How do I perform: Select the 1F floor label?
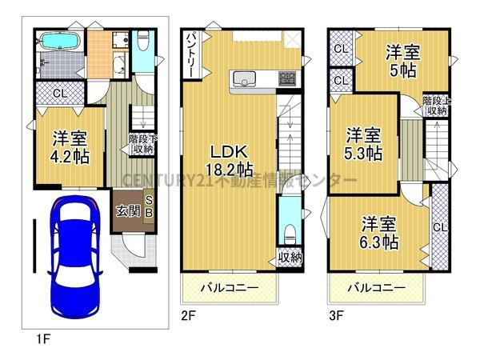43,338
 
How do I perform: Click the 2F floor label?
188,316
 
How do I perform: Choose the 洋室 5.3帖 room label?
363,142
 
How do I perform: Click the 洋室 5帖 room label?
402,62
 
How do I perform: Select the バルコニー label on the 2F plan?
229,286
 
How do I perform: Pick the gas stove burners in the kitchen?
286,78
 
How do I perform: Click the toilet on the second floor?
290,232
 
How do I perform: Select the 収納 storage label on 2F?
290,257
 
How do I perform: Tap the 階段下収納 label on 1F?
141,144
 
